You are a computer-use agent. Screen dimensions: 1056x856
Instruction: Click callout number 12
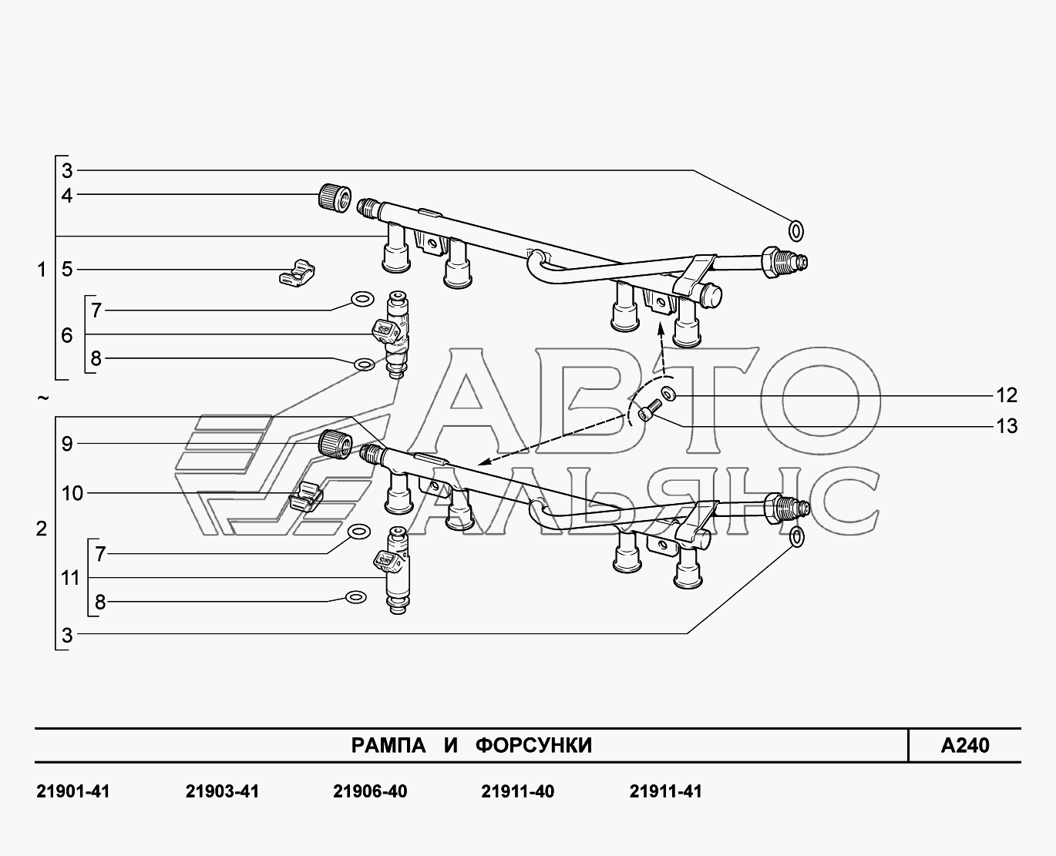click(x=1007, y=395)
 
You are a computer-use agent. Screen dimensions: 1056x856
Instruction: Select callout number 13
click(x=1007, y=426)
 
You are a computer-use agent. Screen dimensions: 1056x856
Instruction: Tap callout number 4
click(x=67, y=196)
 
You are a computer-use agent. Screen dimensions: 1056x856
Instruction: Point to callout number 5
click(x=67, y=270)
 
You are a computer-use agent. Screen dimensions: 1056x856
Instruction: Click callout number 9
click(x=67, y=444)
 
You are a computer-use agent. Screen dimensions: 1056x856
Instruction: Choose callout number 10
click(x=72, y=494)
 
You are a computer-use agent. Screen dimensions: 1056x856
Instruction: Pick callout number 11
click(x=70, y=578)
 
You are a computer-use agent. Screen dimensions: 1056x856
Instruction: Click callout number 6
click(x=67, y=336)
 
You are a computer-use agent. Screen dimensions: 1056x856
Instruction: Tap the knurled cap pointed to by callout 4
click(x=335, y=198)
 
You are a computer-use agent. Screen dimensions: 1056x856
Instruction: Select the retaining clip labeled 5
click(x=297, y=273)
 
